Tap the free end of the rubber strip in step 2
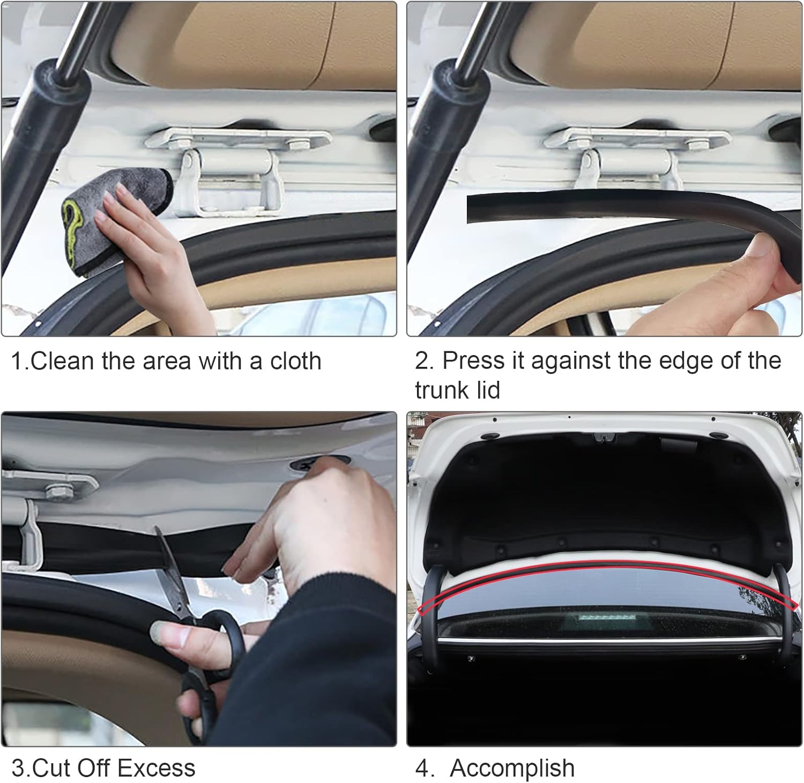pos(470,209)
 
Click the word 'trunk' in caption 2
pos(440,390)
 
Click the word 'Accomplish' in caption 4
pos(512,769)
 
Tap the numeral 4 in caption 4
pos(422,768)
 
